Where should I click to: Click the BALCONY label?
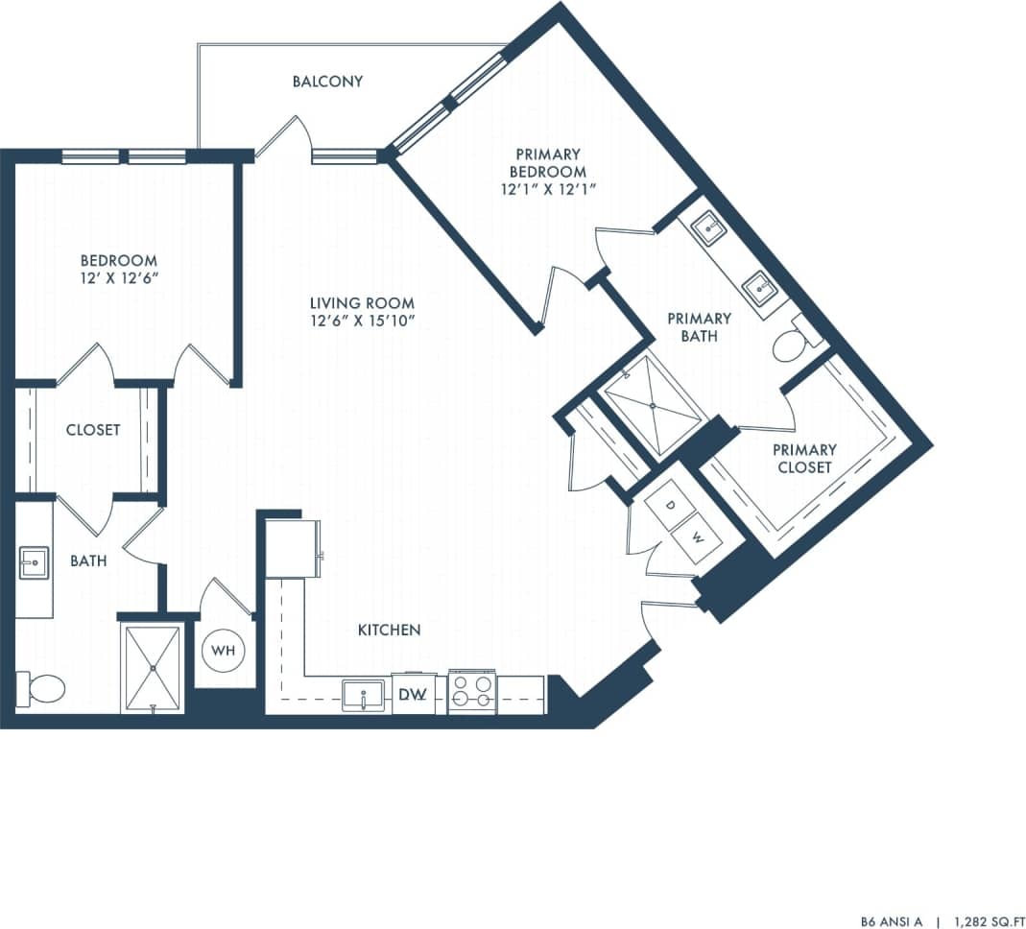[327, 82]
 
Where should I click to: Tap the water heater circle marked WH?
[224, 651]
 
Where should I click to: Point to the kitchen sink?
[365, 694]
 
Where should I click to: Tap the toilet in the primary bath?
[790, 346]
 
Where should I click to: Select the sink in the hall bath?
[34, 562]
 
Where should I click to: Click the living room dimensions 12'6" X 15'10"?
[362, 320]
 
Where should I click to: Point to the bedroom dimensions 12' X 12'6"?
[118, 278]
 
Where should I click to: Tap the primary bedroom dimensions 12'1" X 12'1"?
[548, 189]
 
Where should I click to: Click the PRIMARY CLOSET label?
[804, 458]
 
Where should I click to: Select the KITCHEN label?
[389, 631]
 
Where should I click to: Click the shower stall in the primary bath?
[652, 405]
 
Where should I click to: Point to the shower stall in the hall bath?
[152, 669]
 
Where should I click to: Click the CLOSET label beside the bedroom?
[93, 430]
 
